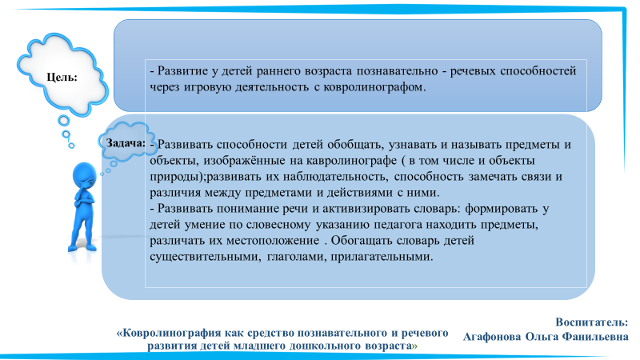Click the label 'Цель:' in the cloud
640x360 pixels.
pyautogui.click(x=62, y=77)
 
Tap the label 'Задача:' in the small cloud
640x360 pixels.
pyautogui.click(x=126, y=143)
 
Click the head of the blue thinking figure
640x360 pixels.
pyautogui.click(x=85, y=175)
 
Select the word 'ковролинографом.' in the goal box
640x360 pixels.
pyautogui.click(x=374, y=87)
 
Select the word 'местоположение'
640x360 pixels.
pyautogui.click(x=273, y=241)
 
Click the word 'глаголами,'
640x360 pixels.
pyautogui.click(x=296, y=257)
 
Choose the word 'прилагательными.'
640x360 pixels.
pyautogui.click(x=382, y=257)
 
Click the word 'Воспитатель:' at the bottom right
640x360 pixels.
pyautogui.click(x=591, y=322)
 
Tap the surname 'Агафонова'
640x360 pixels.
pyautogui.click(x=492, y=337)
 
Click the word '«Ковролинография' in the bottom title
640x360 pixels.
pyautogui.click(x=168, y=334)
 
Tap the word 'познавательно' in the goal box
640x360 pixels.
pyautogui.click(x=397, y=71)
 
